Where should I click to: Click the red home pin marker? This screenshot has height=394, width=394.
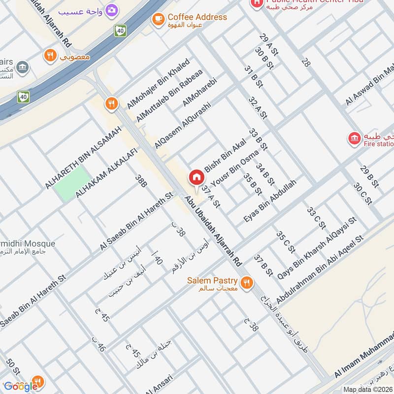pyautogui.click(x=196, y=178)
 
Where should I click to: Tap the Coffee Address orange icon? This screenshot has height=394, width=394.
pyautogui.click(x=158, y=19)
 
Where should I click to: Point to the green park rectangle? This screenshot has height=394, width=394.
pyautogui.click(x=72, y=183)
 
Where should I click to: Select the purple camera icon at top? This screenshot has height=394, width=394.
pyautogui.click(x=112, y=10)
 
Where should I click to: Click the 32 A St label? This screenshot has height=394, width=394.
pyautogui.click(x=258, y=108)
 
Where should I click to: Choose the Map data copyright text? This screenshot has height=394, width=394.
pyautogui.click(x=368, y=389)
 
